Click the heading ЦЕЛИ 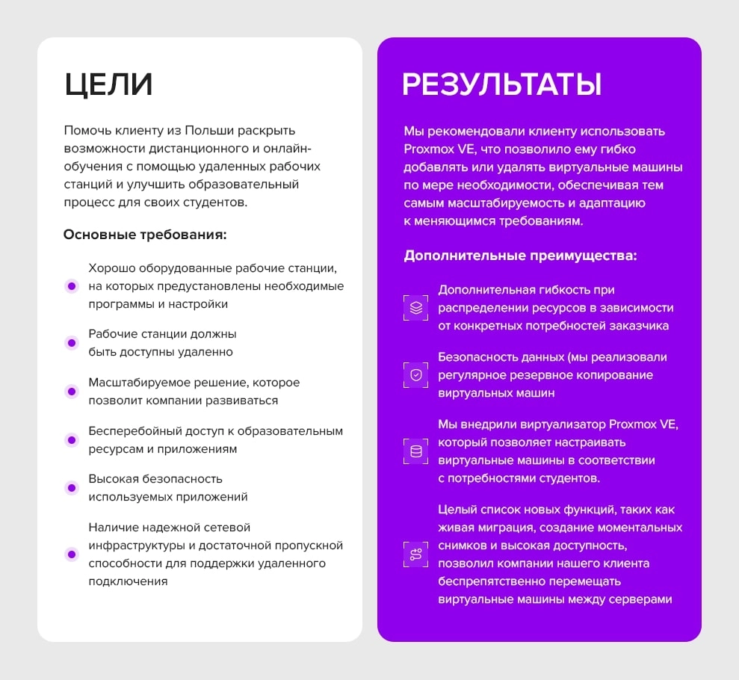coord(108,84)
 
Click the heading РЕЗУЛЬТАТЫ coord(501,84)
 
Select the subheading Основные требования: coord(145,235)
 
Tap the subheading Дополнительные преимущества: coord(520,256)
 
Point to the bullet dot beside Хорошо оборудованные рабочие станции coord(72,286)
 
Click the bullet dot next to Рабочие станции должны coord(72,343)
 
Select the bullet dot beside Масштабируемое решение coord(72,392)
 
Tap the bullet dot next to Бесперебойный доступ coord(72,440)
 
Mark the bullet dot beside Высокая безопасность coord(72,488)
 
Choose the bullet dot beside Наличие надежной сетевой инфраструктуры coord(72,554)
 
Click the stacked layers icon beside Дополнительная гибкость coord(416,308)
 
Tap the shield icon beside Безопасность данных coord(416,375)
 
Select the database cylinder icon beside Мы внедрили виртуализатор coord(416,451)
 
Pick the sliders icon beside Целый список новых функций coord(416,554)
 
